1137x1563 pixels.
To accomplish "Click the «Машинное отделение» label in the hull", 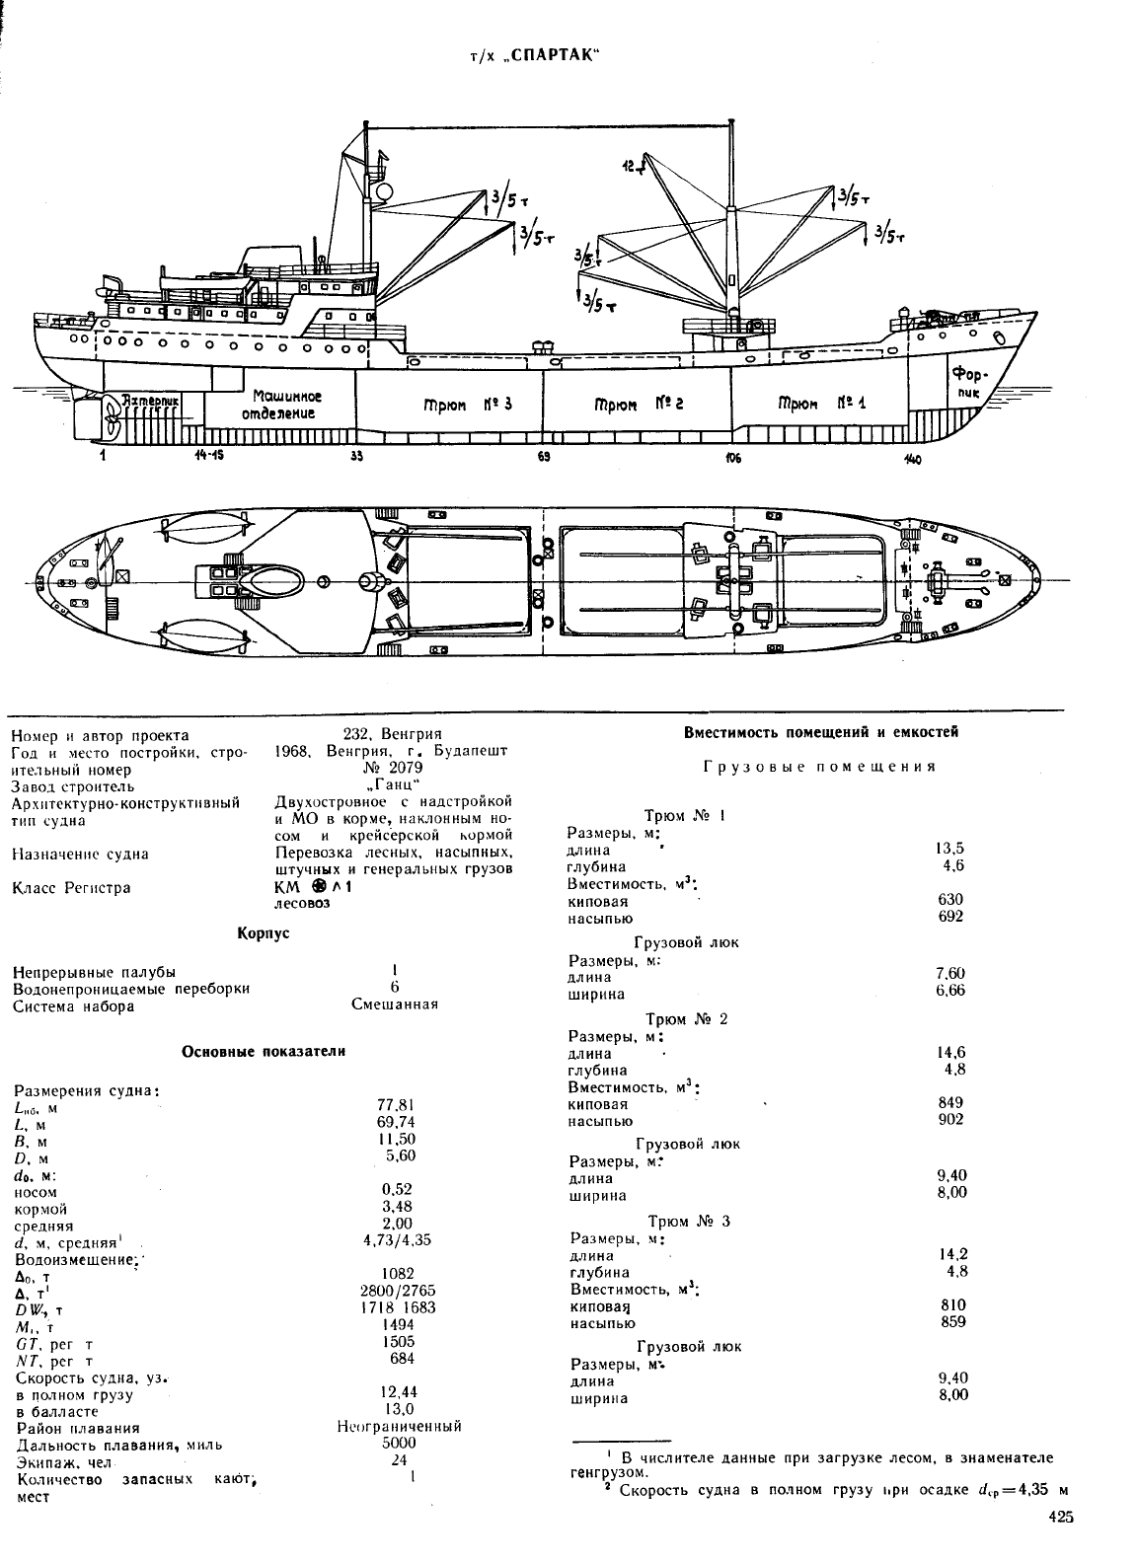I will [281, 405].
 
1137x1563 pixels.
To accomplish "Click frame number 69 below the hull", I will [544, 457].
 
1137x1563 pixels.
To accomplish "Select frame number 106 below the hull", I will [731, 458].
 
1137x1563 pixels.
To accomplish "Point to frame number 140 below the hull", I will [912, 460].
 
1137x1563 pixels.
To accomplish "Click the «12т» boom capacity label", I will [631, 167].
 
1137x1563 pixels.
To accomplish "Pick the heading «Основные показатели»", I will [264, 1052].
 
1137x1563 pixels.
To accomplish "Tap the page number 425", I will [1061, 1518].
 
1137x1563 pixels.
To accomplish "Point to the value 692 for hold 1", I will [950, 917].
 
